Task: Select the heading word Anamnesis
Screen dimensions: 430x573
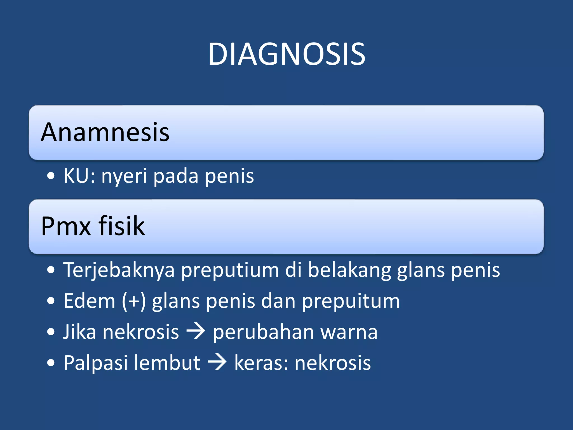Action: (x=105, y=132)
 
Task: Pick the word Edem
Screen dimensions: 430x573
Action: (x=89, y=301)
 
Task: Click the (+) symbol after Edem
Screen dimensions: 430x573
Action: (x=134, y=301)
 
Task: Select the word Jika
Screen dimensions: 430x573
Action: (x=79, y=332)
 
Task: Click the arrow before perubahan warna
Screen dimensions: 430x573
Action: (x=196, y=332)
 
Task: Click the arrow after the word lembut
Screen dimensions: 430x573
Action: (x=217, y=363)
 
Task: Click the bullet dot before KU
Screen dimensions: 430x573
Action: (x=51, y=176)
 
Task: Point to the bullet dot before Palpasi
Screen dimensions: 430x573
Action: (x=51, y=363)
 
